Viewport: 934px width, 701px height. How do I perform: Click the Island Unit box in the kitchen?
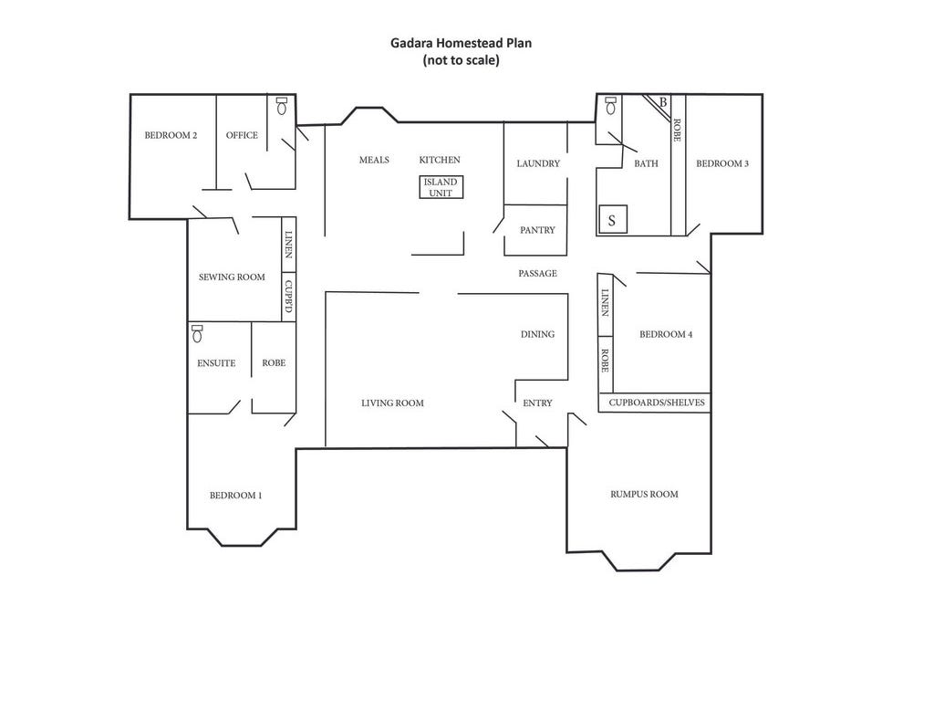pos(441,187)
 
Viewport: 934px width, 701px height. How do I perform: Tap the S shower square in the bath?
pos(612,220)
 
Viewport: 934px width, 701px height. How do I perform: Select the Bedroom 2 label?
pos(171,136)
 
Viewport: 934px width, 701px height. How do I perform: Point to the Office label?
pos(242,136)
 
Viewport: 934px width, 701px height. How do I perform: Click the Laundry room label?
pos(538,163)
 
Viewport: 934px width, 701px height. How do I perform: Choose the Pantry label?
pos(537,230)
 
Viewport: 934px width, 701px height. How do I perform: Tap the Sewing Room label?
pos(232,277)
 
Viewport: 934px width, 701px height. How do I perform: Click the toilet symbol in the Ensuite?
pos(197,334)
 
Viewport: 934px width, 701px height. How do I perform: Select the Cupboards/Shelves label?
pos(654,403)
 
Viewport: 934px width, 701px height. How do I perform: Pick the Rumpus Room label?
pos(644,494)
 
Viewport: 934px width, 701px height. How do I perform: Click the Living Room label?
pos(392,403)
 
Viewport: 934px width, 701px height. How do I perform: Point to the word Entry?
pos(537,403)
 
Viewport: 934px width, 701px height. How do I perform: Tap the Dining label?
pos(537,334)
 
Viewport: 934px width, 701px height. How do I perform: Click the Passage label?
pos(537,273)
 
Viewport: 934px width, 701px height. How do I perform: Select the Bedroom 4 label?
pos(666,334)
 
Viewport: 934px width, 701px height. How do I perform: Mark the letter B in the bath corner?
pos(663,102)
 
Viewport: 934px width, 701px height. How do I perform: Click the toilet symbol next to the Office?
pos(281,106)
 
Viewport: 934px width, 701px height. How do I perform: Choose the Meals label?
pos(374,160)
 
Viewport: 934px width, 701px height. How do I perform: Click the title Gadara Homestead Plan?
pos(461,42)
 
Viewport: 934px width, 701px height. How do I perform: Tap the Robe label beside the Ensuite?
pos(274,362)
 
